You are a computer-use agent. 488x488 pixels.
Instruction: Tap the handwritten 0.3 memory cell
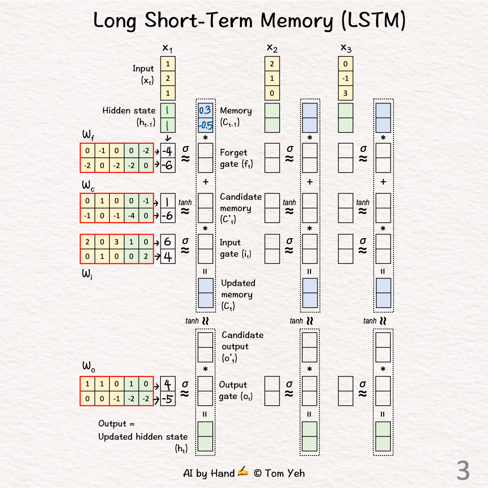click(x=205, y=111)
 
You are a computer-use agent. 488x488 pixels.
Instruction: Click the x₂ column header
click(x=272, y=48)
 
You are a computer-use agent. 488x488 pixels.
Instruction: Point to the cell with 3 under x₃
click(x=346, y=93)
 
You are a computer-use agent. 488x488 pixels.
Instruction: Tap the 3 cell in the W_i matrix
click(x=117, y=242)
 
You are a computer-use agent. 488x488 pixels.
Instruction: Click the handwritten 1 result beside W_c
click(x=168, y=201)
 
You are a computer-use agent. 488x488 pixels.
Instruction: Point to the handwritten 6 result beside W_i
click(x=168, y=242)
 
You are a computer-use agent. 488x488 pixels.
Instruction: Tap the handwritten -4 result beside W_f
click(x=168, y=151)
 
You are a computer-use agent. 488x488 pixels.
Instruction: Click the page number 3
click(x=463, y=471)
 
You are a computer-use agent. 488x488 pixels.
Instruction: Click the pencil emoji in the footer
click(x=243, y=472)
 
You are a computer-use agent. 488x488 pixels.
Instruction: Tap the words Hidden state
click(x=129, y=111)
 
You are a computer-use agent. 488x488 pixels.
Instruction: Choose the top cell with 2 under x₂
click(x=272, y=64)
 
